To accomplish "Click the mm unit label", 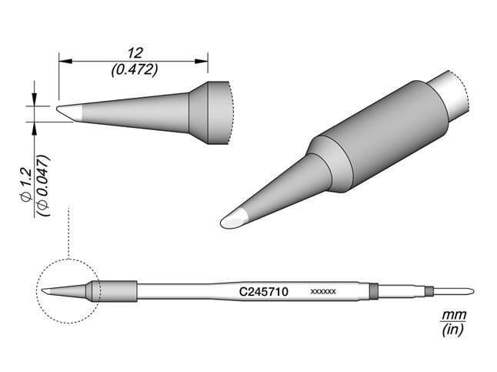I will [x=449, y=316].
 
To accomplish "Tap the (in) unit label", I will [x=449, y=330].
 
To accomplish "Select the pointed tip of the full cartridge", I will [x=48, y=291].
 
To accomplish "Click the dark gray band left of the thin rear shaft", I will [x=374, y=291].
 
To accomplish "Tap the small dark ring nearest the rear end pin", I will [x=429, y=291].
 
